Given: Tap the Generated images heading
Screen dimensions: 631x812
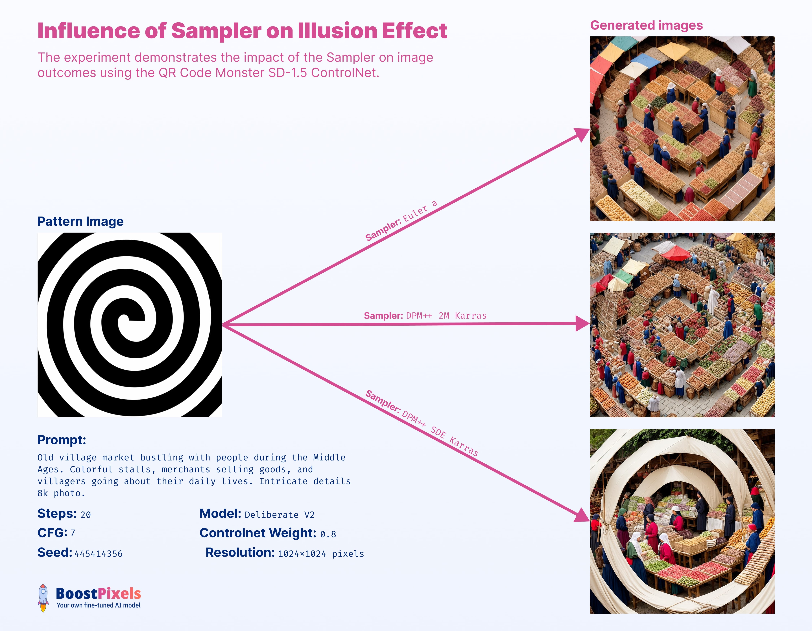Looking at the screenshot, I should pyautogui.click(x=646, y=25).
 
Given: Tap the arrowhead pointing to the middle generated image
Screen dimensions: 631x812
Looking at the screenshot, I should pyautogui.click(x=582, y=323).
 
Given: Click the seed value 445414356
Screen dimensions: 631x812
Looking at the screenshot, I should pyautogui.click(x=99, y=554).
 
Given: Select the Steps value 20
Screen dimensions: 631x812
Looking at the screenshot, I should pyautogui.click(x=86, y=515).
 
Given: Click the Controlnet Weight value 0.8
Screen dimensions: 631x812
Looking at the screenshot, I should pyautogui.click(x=328, y=534).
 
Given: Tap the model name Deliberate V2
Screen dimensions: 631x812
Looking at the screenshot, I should pyautogui.click(x=279, y=515).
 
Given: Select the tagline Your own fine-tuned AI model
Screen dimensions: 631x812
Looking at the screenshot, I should pyautogui.click(x=99, y=605).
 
